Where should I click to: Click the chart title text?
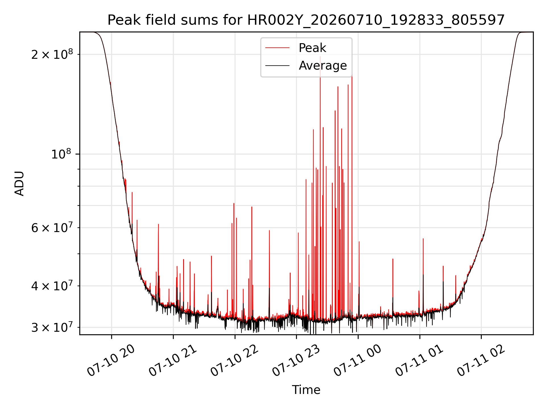tap(306, 20)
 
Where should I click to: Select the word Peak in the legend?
tap(312, 48)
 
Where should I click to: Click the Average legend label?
tap(323, 66)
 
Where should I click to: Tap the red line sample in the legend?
tap(277, 48)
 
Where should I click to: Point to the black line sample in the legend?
tap(277, 66)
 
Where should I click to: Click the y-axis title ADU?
tap(19, 183)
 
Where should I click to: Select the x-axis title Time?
tap(306, 390)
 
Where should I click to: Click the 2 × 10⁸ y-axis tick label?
tap(52, 54)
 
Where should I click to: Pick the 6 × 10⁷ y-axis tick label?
tap(52, 227)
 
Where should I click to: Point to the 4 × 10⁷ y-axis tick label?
tap(52, 286)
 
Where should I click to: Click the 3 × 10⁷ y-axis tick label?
tap(52, 327)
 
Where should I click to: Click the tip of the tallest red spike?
tap(320, 57)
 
